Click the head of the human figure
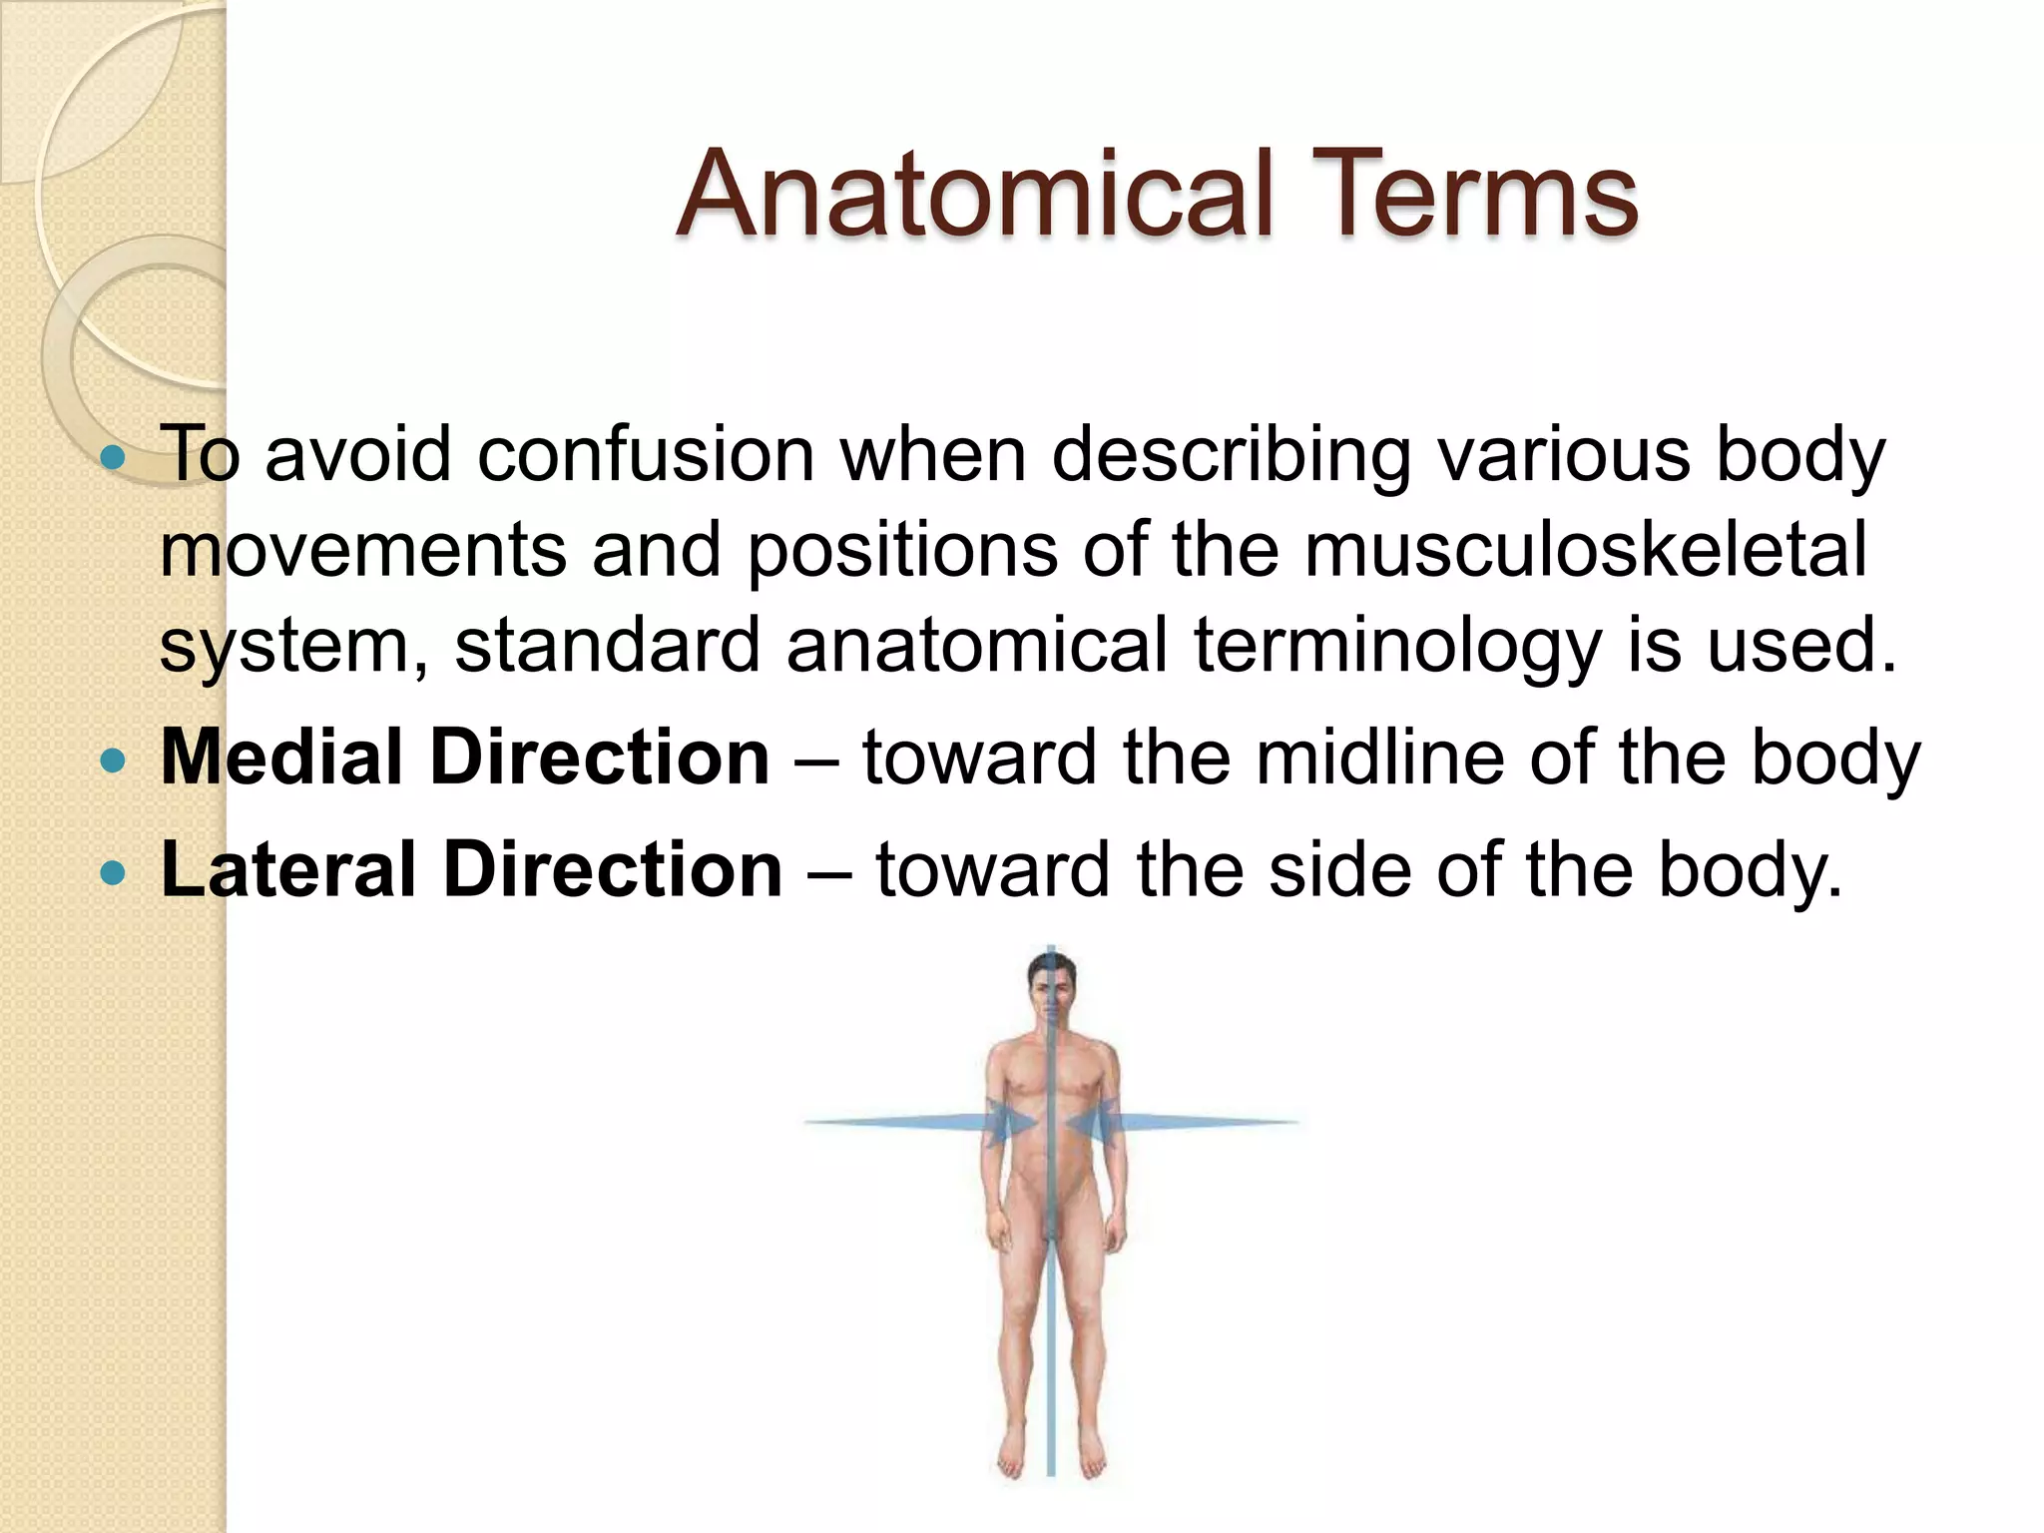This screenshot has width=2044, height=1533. [x=1051, y=987]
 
